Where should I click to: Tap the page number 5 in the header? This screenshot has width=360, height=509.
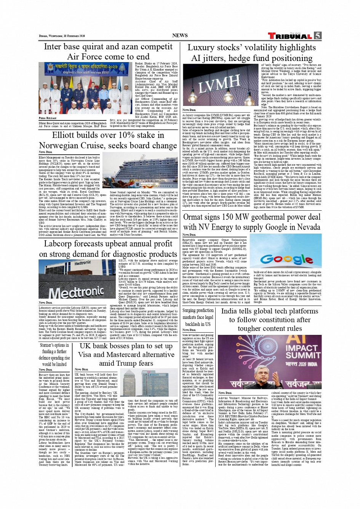(317, 35)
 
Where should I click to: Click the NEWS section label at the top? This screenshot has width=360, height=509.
(180, 35)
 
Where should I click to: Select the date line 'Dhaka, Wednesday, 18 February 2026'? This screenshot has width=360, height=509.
(62, 36)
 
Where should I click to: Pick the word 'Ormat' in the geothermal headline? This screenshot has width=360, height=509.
(197, 217)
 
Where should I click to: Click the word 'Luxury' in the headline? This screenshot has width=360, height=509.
(204, 48)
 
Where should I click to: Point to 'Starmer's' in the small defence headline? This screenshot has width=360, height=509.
(48, 346)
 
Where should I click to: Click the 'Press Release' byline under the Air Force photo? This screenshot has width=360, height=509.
(47, 118)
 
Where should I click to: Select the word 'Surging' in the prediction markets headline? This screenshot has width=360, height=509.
(192, 311)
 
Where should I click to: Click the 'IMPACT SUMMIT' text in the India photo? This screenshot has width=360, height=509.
(301, 352)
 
